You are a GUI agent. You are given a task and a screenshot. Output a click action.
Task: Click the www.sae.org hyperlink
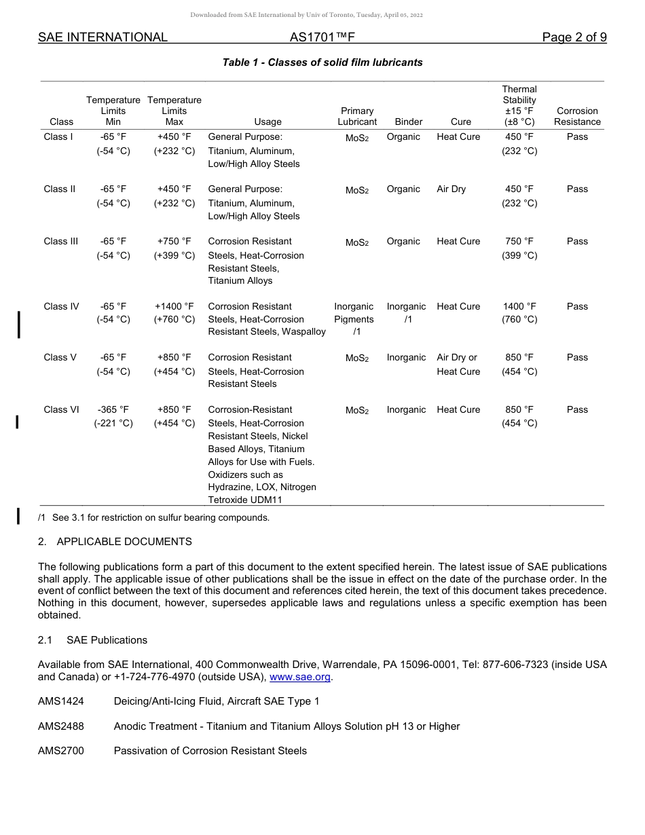[x=300, y=677]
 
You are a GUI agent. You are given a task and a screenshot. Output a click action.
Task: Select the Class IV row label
[x=61, y=307]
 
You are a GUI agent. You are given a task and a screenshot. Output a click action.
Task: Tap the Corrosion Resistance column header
[x=577, y=116]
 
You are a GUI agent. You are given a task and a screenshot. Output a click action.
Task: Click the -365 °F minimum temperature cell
[x=113, y=410]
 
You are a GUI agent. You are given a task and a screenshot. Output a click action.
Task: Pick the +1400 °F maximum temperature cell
[x=174, y=307]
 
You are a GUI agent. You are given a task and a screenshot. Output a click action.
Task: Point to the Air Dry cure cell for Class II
[x=451, y=189]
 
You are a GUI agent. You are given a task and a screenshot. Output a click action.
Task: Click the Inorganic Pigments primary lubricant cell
[x=354, y=319]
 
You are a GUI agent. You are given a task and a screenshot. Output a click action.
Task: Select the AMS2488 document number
[x=61, y=726]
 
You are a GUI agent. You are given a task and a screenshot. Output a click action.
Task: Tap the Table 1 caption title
[x=322, y=62]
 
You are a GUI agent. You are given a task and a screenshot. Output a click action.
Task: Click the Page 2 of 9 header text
[x=574, y=38]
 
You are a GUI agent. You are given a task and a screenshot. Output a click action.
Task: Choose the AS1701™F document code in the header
[x=322, y=38]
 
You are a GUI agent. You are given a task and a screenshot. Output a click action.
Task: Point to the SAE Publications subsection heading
[x=107, y=640]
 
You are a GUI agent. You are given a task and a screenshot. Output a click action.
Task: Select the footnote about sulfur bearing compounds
[x=154, y=518]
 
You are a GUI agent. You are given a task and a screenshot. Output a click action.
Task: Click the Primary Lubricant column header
[x=357, y=116]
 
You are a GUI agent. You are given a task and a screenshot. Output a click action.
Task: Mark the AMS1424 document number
[x=61, y=701]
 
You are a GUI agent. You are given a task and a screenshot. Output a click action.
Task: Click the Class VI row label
[x=61, y=410]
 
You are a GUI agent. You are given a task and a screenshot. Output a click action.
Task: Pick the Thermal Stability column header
[x=519, y=105]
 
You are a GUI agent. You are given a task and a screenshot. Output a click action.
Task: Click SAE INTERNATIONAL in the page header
[x=103, y=38]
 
